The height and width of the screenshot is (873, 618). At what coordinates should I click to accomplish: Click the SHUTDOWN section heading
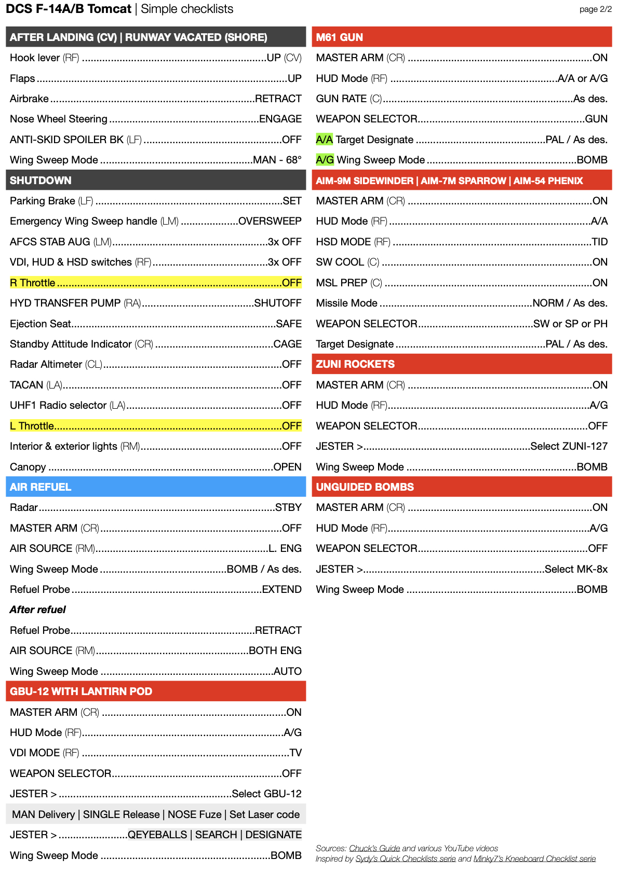pyautogui.click(x=41, y=181)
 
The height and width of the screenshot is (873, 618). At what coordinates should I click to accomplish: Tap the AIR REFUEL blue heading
pyautogui.click(x=41, y=487)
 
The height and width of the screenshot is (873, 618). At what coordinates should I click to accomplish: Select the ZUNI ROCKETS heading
pyautogui.click(x=355, y=364)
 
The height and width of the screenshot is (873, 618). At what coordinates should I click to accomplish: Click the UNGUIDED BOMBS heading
pyautogui.click(x=365, y=487)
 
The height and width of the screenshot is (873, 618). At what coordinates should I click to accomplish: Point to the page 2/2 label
pyautogui.click(x=595, y=9)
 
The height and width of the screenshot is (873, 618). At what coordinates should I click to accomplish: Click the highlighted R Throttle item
pyautogui.click(x=33, y=283)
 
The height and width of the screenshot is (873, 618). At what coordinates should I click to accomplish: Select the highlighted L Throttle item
pyautogui.click(x=32, y=426)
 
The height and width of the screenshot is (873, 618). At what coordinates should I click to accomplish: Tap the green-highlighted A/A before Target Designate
pyautogui.click(x=324, y=140)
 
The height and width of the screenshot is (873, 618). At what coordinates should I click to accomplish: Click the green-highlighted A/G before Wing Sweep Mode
pyautogui.click(x=325, y=160)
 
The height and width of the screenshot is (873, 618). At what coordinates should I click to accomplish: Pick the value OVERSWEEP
pyautogui.click(x=270, y=221)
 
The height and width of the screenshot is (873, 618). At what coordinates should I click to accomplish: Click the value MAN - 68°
pyautogui.click(x=277, y=160)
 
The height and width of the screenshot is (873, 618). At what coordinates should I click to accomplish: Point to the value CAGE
pyautogui.click(x=287, y=344)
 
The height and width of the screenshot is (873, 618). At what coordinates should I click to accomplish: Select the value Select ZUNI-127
pyautogui.click(x=569, y=446)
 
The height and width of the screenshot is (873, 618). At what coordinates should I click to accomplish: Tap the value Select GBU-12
pyautogui.click(x=266, y=794)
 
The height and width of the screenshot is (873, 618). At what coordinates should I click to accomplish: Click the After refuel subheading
pyautogui.click(x=38, y=609)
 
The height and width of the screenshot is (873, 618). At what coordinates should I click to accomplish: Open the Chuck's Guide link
pyautogui.click(x=374, y=849)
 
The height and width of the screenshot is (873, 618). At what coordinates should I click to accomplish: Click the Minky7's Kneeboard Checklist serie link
pyautogui.click(x=534, y=859)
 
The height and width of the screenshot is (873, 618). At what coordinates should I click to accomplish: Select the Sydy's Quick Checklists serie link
pyautogui.click(x=405, y=859)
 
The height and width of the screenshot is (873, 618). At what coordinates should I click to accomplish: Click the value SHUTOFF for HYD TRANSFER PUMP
pyautogui.click(x=277, y=303)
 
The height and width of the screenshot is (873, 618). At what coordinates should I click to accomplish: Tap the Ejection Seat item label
pyautogui.click(x=40, y=324)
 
